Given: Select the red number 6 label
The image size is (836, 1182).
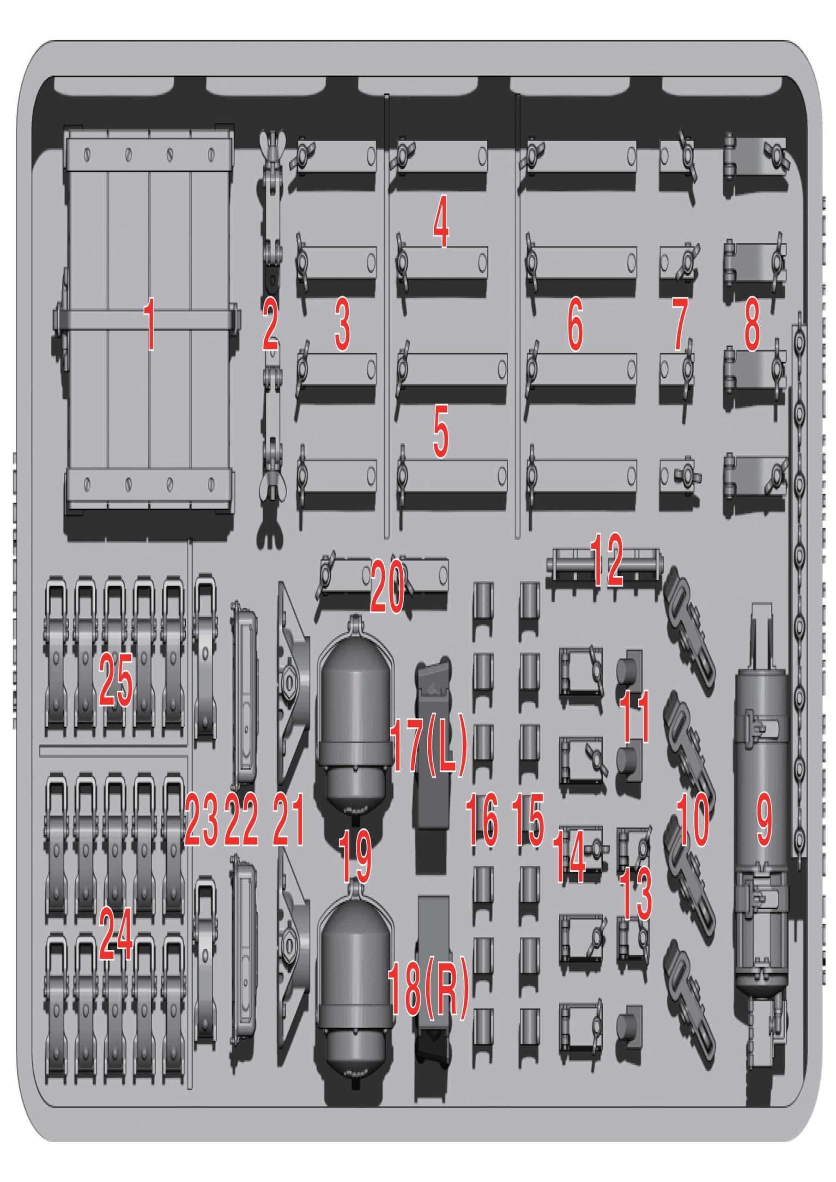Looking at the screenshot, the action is (x=575, y=326).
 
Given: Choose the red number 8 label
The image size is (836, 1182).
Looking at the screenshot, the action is (x=751, y=326).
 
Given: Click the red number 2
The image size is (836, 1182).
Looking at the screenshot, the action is (x=270, y=326).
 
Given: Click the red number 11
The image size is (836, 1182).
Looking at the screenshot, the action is (x=635, y=716).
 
